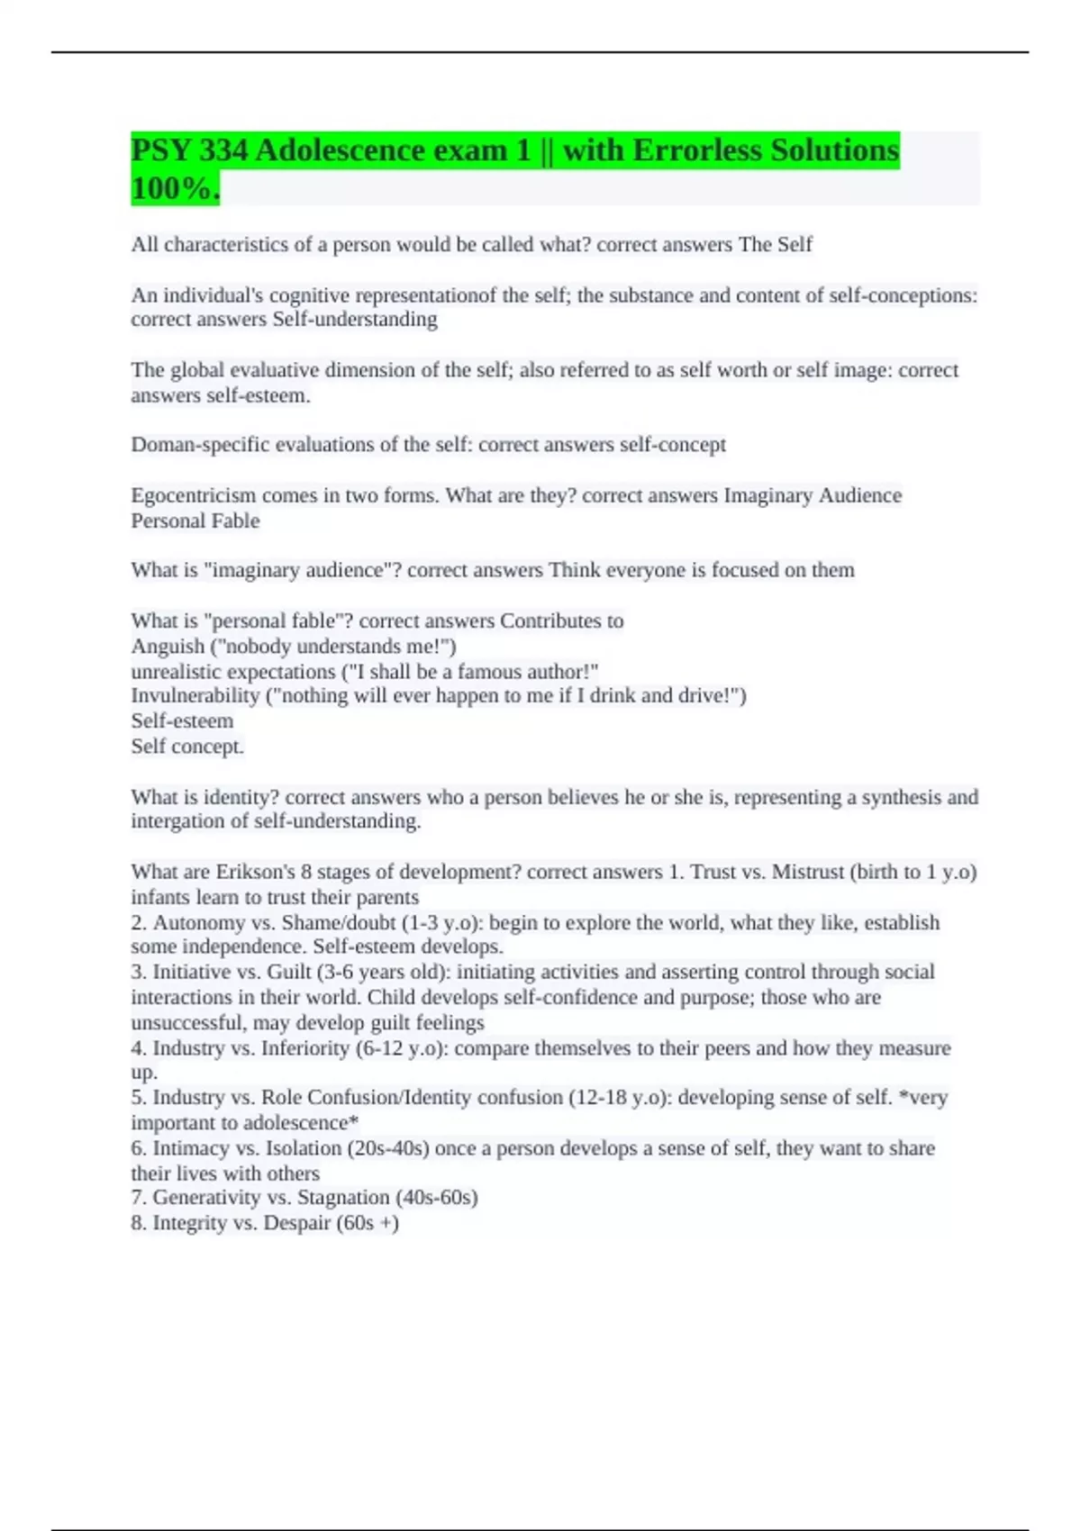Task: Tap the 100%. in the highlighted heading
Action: click(175, 189)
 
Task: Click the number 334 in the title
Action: click(223, 149)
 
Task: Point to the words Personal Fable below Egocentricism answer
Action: click(195, 521)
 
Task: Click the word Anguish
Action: click(168, 647)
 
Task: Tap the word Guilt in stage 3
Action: click(288, 973)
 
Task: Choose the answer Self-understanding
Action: click(355, 320)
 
